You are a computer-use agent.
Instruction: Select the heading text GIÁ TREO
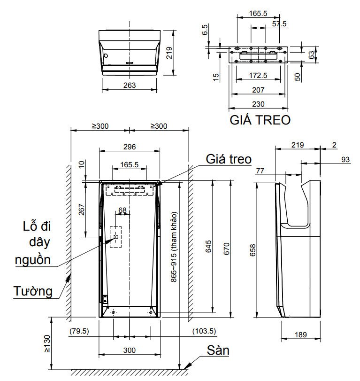259,120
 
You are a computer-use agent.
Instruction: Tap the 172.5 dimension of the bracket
258,75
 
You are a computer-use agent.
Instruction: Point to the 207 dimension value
258,90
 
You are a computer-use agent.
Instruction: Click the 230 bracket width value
258,104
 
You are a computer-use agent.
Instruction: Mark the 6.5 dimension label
205,30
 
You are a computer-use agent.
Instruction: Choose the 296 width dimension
130,147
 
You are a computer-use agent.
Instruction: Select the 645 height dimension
209,248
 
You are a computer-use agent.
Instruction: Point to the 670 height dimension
225,248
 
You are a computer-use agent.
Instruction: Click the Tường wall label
32,291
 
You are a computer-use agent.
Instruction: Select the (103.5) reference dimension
204,331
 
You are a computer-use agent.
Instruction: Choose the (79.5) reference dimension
78,331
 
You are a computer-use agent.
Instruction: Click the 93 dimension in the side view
345,160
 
